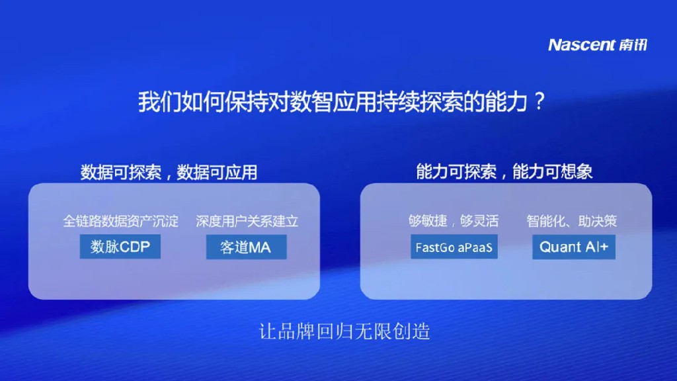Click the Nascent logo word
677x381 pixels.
point(582,44)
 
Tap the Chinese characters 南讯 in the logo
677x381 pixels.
point(633,44)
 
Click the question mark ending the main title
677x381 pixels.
point(539,101)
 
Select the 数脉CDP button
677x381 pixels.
point(120,247)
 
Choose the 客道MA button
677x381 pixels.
point(246,247)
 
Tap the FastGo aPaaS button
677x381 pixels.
point(454,247)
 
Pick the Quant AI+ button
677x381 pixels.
point(573,247)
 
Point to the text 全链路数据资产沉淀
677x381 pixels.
point(120,221)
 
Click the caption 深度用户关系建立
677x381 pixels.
point(247,221)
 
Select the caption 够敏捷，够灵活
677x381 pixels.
point(454,221)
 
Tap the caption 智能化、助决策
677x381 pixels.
point(572,221)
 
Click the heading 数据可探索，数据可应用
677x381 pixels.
point(169,173)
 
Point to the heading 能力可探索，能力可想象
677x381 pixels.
point(504,172)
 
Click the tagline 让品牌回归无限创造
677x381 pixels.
point(344,331)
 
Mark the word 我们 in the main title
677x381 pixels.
point(159,102)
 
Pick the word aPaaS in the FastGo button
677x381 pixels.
point(475,247)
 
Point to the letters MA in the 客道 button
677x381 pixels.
point(260,247)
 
